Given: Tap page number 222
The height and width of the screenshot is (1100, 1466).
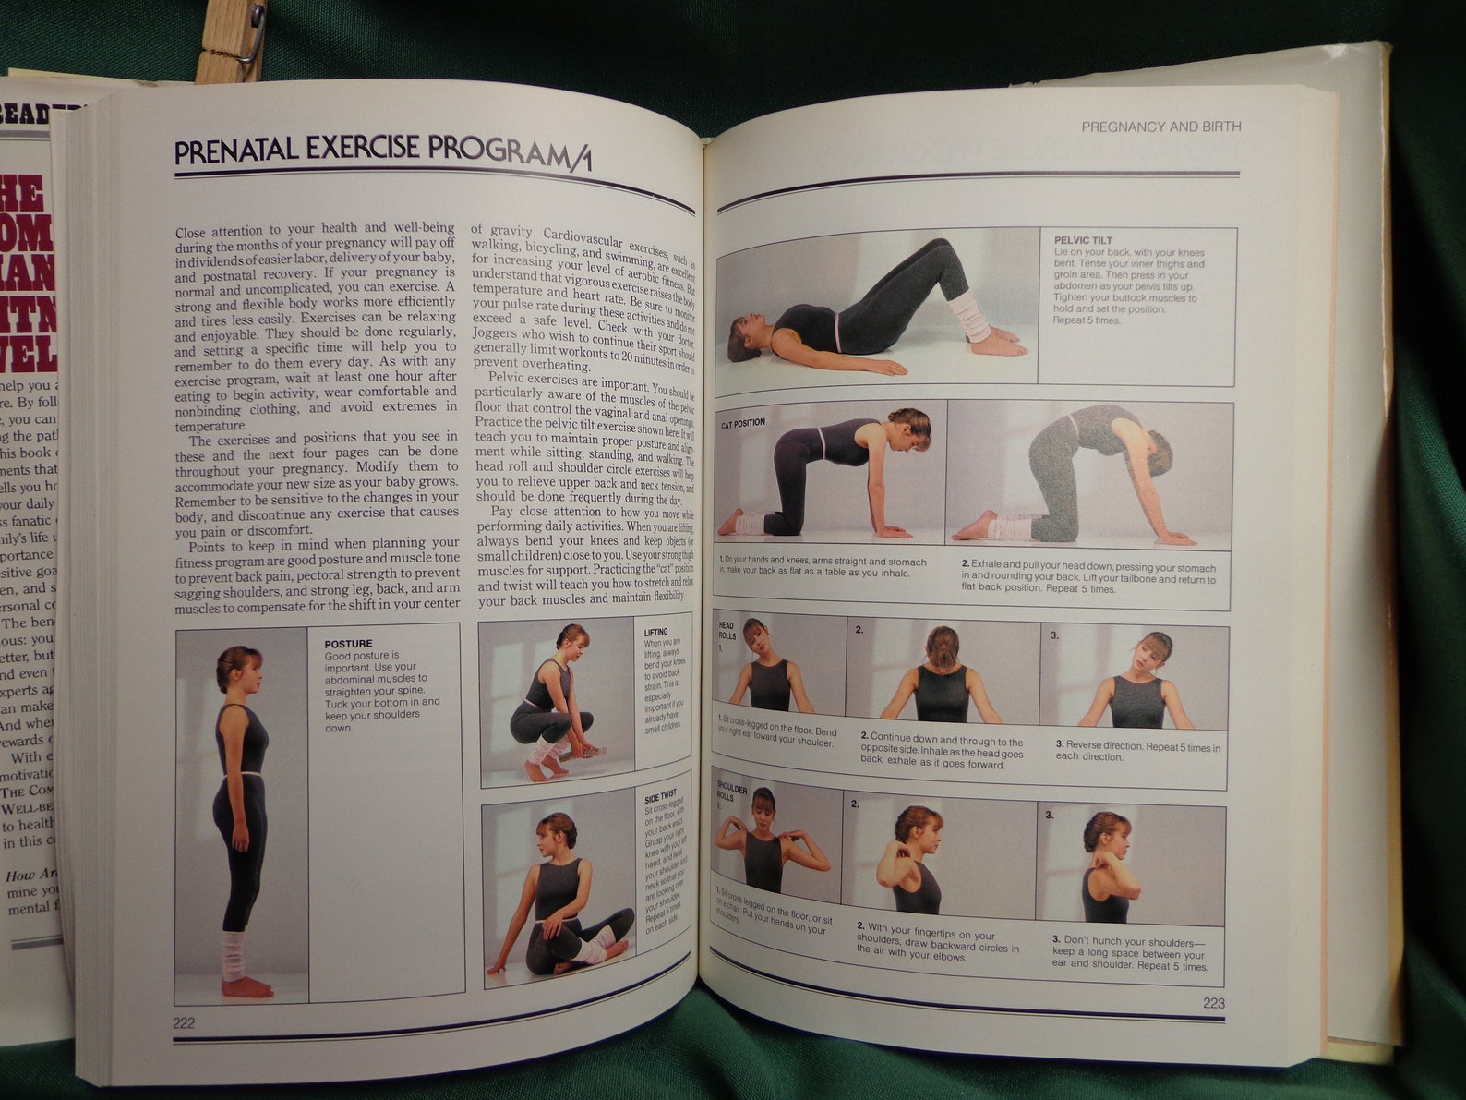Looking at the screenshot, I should tap(184, 1022).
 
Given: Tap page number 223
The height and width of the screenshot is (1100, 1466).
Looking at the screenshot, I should tap(1213, 1004).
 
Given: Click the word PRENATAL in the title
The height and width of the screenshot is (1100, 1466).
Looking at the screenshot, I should tap(236, 150).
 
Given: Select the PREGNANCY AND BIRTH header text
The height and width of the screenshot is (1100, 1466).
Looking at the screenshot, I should tap(1160, 127).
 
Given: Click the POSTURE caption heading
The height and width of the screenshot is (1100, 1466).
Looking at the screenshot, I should tap(348, 644).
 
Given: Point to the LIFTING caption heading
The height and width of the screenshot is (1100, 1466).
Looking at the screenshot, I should tap(655, 633).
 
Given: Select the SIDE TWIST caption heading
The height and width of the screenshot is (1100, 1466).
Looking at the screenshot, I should tap(660, 794).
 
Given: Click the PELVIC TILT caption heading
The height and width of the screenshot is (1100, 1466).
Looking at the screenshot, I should tap(1083, 240).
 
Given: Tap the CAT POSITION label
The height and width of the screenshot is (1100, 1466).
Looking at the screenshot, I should tap(743, 423).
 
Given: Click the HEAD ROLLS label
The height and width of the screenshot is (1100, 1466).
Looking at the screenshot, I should tap(727, 631).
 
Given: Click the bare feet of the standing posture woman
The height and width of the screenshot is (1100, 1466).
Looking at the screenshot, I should tap(246, 986).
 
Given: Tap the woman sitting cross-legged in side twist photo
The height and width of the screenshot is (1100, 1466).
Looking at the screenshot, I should tap(559, 896).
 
